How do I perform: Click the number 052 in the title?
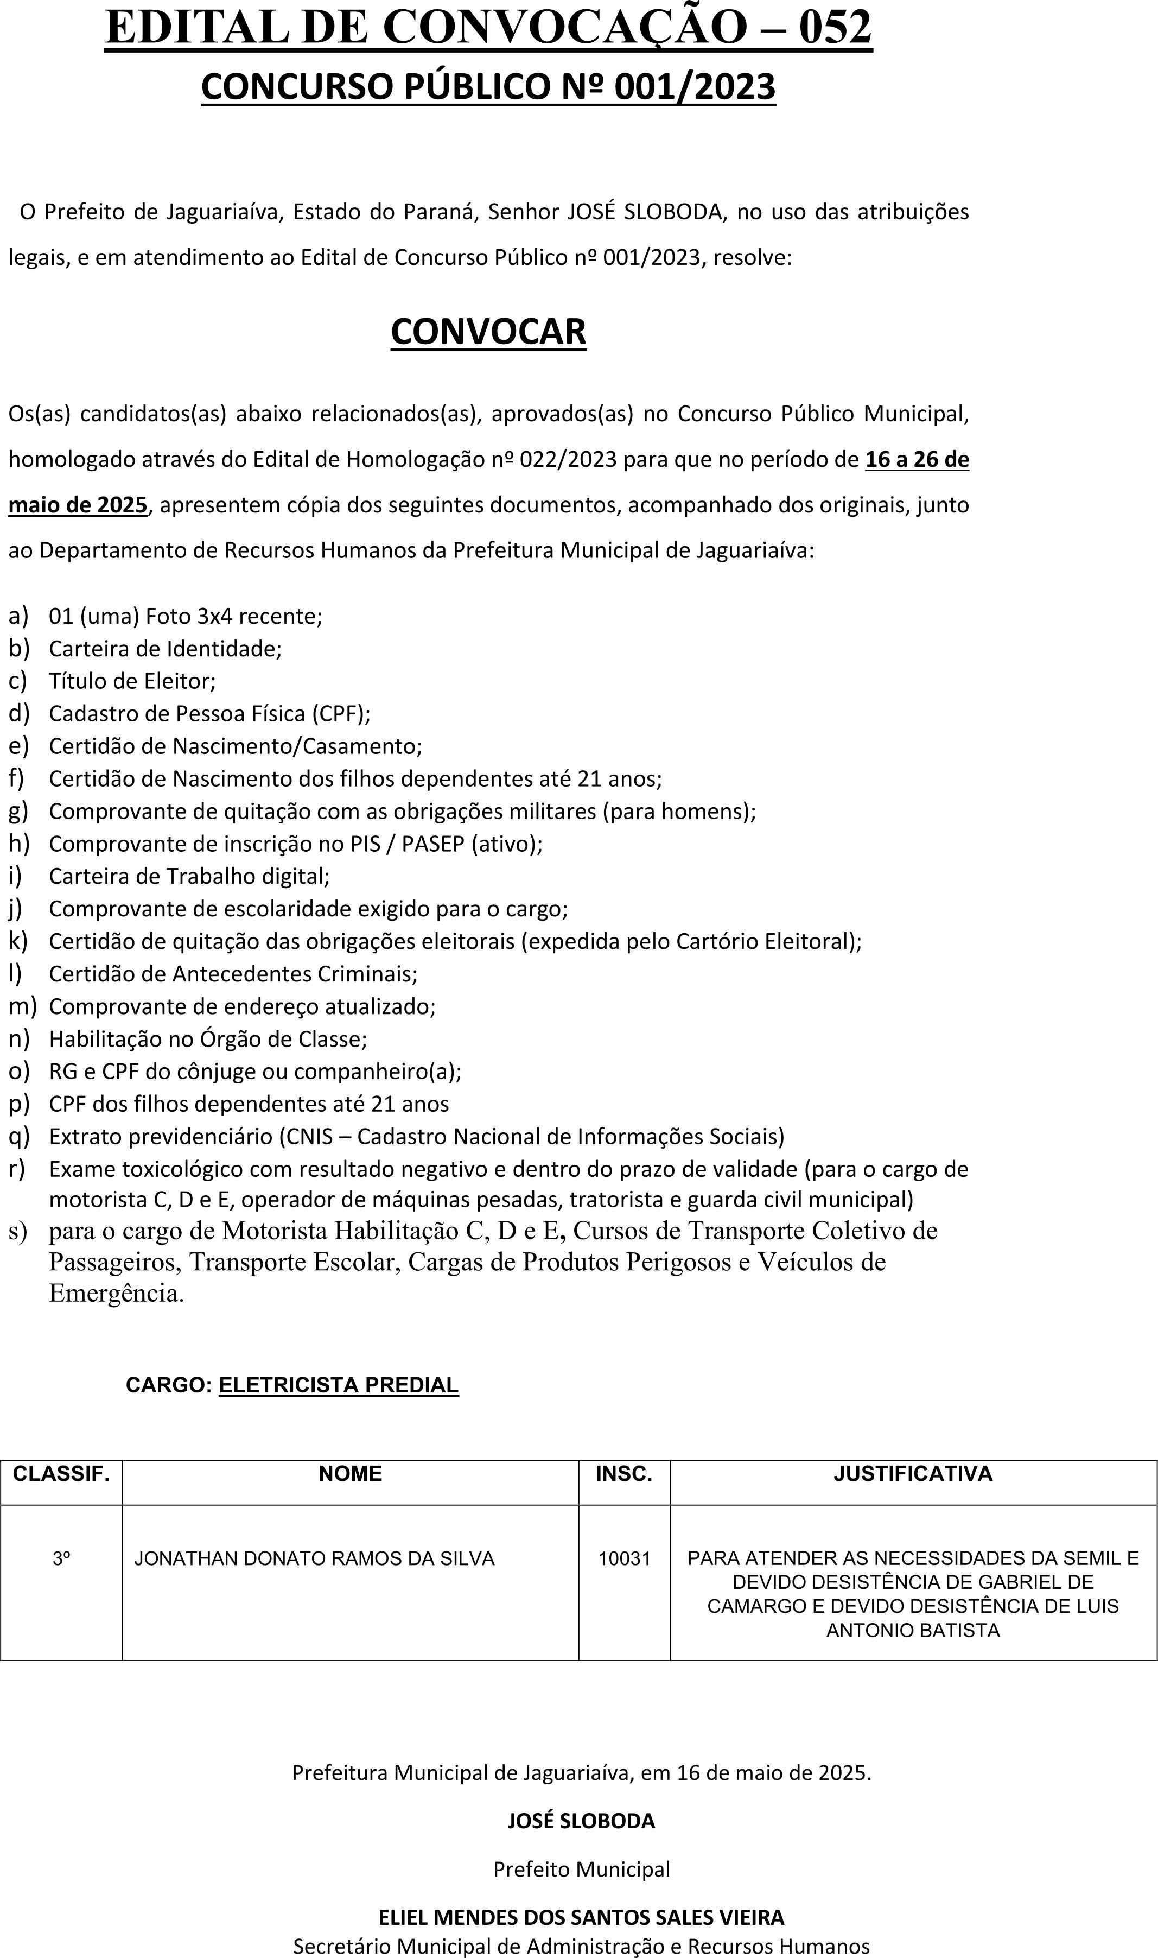835,28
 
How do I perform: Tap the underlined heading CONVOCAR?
488,332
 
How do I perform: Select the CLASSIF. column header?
61,1473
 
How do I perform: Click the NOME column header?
351,1473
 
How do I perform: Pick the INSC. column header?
623,1473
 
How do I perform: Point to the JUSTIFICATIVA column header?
913,1473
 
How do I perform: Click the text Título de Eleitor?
132,681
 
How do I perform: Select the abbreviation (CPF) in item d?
341,714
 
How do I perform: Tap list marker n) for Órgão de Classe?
19,1038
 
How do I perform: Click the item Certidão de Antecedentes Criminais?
233,974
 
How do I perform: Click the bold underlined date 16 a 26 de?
917,460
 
